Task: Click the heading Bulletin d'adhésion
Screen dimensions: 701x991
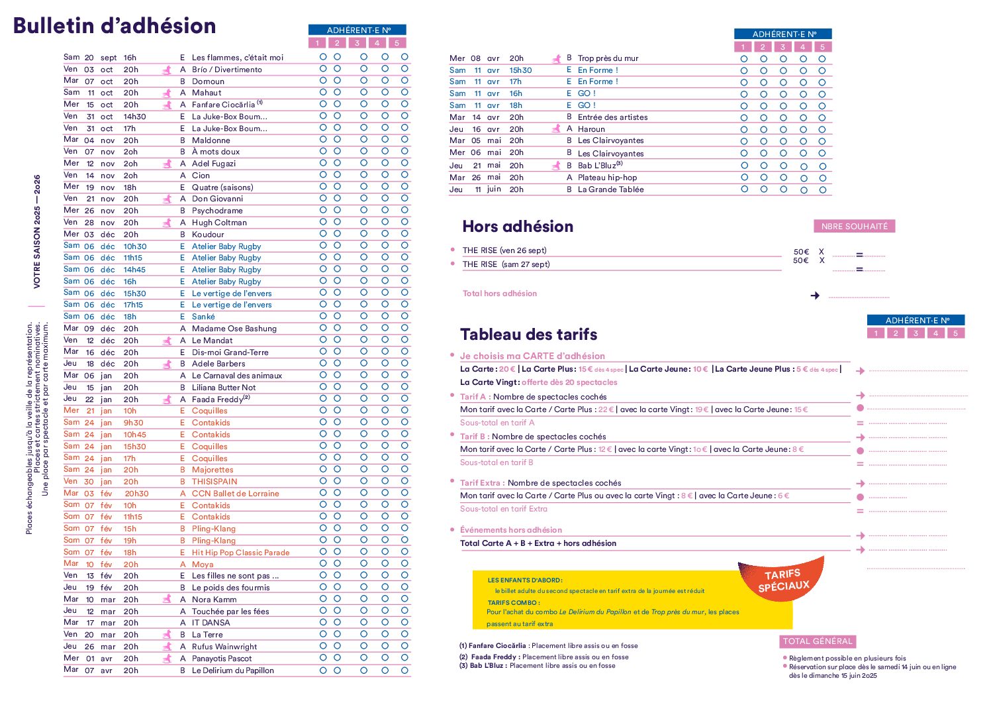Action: [x=115, y=26]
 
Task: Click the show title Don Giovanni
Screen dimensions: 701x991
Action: [x=217, y=199]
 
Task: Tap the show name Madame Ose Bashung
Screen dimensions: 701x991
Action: [x=234, y=329]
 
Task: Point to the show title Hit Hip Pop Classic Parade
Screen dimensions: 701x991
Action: [x=240, y=553]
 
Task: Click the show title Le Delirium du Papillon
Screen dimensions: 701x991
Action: [x=232, y=671]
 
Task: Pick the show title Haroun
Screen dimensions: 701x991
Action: [x=591, y=129]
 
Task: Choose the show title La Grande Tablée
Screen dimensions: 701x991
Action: [x=610, y=189]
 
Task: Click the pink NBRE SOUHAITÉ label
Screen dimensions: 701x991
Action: [x=854, y=227]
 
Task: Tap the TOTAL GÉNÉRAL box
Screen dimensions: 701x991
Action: [x=818, y=641]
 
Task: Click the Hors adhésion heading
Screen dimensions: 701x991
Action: [x=518, y=227]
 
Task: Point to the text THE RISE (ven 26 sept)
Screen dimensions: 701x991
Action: [x=504, y=250]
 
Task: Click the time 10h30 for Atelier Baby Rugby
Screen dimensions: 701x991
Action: [x=135, y=246]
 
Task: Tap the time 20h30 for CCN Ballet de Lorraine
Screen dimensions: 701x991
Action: [x=136, y=494]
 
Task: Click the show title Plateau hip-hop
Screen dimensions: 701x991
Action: [x=606, y=178]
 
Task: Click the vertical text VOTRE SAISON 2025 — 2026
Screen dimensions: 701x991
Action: [x=37, y=231]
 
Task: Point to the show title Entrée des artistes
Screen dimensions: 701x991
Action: [x=612, y=117]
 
